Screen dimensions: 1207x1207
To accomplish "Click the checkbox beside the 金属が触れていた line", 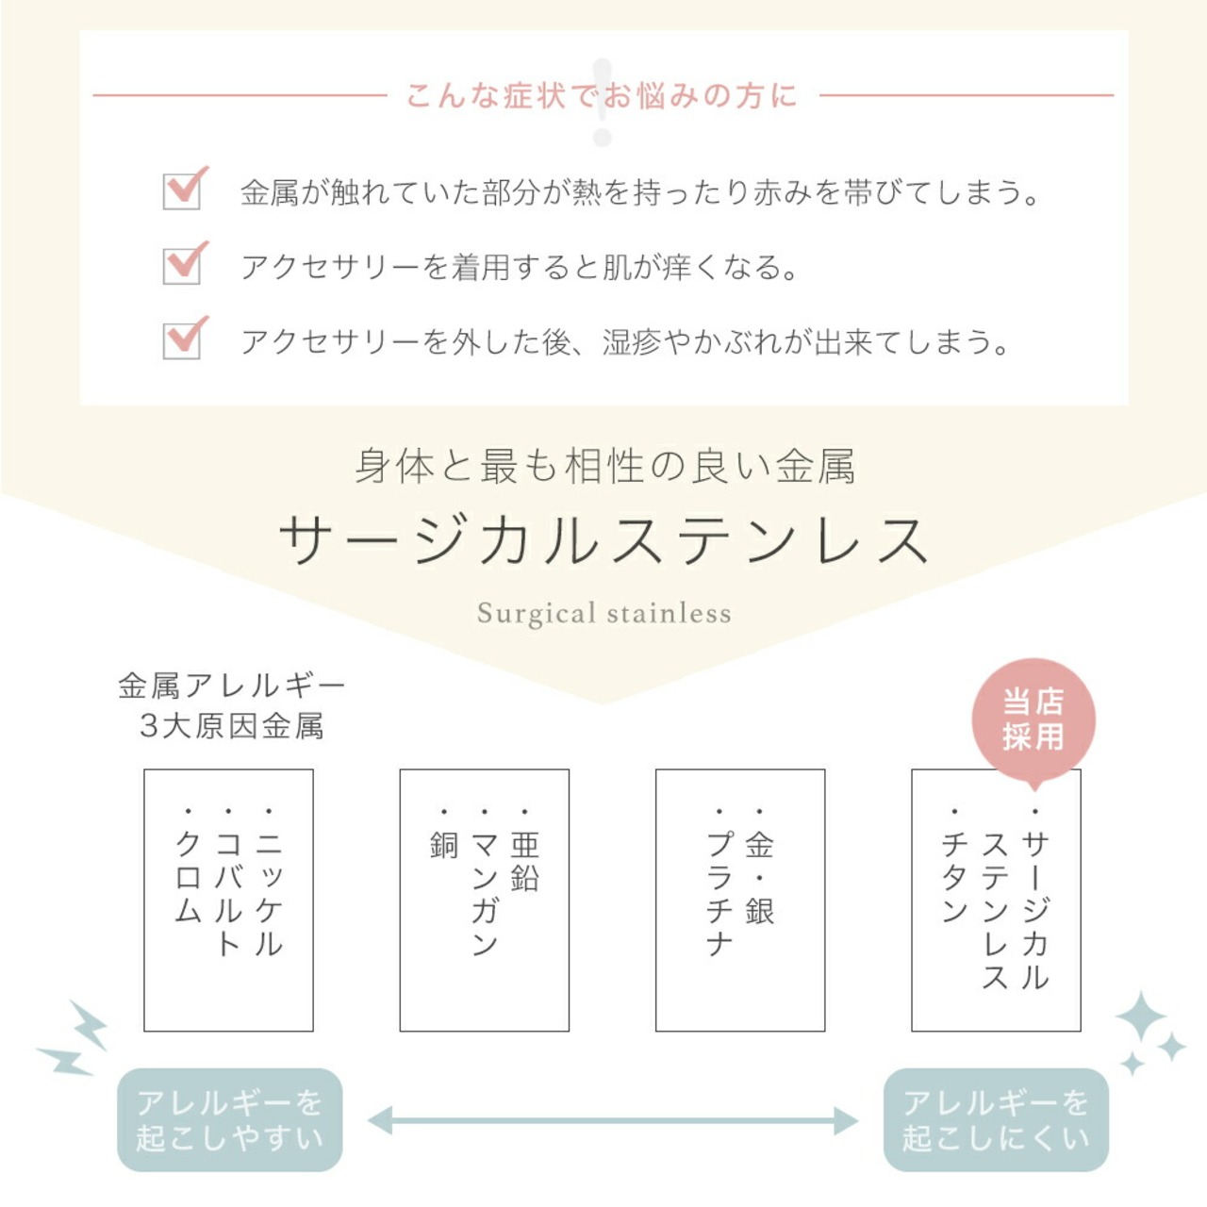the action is (182, 190).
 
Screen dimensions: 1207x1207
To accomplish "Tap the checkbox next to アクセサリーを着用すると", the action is (182, 265).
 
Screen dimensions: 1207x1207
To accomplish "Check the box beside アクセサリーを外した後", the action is (182, 339).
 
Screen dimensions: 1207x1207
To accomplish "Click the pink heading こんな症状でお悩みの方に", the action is (602, 95).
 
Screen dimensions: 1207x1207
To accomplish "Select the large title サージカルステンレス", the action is (603, 540).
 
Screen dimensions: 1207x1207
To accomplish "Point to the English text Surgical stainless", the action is (603, 614).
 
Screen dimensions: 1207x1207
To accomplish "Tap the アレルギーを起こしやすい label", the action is (229, 1119).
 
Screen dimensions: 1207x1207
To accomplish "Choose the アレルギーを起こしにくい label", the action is (996, 1119).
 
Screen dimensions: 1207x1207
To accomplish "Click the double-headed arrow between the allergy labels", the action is (613, 1121).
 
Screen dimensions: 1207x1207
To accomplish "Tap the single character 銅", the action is (443, 845).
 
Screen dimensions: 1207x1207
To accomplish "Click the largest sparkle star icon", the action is (1140, 1017).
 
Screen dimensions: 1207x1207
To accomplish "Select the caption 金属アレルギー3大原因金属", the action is (231, 705).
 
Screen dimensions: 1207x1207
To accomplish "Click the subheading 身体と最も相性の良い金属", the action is (604, 467).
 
